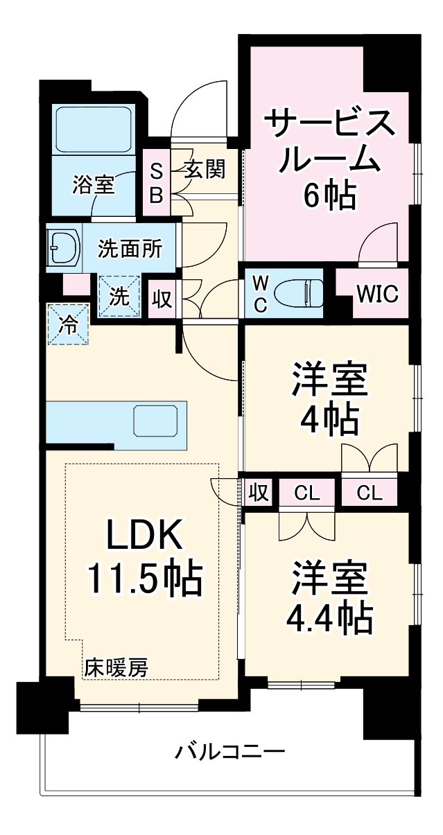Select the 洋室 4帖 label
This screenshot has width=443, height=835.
pos(329,400)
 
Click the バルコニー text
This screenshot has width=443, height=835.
pos(229,751)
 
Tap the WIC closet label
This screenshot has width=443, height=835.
pos(377,294)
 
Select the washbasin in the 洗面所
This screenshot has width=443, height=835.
pos(64,248)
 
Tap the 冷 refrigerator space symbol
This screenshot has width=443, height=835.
pos(69,323)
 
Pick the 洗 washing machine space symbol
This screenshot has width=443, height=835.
pos(119,297)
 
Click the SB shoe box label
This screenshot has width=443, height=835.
pos(157,184)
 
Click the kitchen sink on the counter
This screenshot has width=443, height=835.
pos(159,421)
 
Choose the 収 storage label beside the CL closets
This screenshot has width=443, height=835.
pos(257,493)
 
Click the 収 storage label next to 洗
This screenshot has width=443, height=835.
pos(162,299)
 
